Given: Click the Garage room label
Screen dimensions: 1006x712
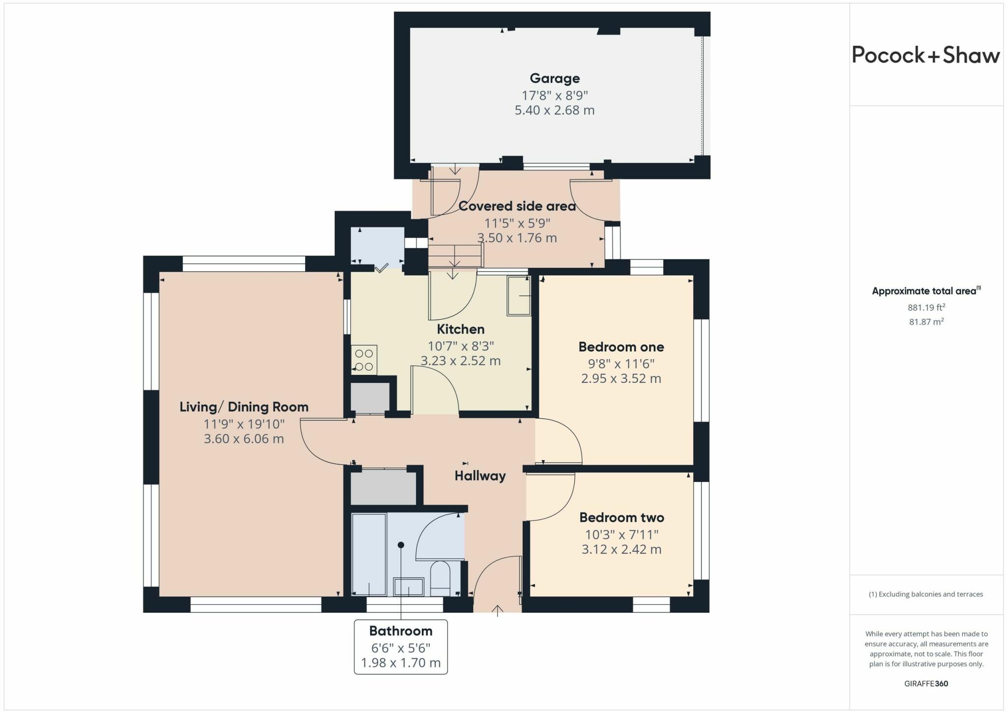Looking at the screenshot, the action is (x=555, y=78).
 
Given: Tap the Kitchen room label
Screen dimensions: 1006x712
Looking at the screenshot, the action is (x=461, y=329).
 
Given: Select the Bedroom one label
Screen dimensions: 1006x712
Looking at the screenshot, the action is (x=621, y=346).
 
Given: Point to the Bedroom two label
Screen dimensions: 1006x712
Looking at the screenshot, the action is (x=621, y=517).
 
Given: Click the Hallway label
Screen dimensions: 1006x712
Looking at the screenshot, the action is (x=480, y=476).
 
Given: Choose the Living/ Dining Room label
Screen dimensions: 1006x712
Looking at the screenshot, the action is (x=244, y=407).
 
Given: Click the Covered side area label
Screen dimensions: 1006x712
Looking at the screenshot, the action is (x=517, y=206).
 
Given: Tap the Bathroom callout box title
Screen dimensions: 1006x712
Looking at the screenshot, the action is (x=401, y=630).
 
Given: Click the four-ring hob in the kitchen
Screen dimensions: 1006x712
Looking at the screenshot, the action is (x=364, y=360).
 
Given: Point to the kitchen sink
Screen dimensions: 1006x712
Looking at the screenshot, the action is (x=519, y=295).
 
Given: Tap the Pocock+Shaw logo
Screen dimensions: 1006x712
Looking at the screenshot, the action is (x=926, y=55).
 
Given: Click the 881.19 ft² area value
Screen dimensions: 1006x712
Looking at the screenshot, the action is (x=926, y=308).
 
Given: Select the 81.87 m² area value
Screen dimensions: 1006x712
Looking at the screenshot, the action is (x=926, y=322).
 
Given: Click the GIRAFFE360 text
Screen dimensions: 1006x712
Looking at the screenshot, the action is (x=926, y=684).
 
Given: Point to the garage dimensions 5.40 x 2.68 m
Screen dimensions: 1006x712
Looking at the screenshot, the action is (x=555, y=110).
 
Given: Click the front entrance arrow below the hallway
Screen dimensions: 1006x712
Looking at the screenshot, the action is (x=498, y=611).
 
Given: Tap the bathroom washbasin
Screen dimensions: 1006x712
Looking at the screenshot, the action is (x=408, y=586).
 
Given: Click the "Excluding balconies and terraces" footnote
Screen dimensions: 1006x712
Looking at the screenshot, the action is (x=926, y=594).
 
